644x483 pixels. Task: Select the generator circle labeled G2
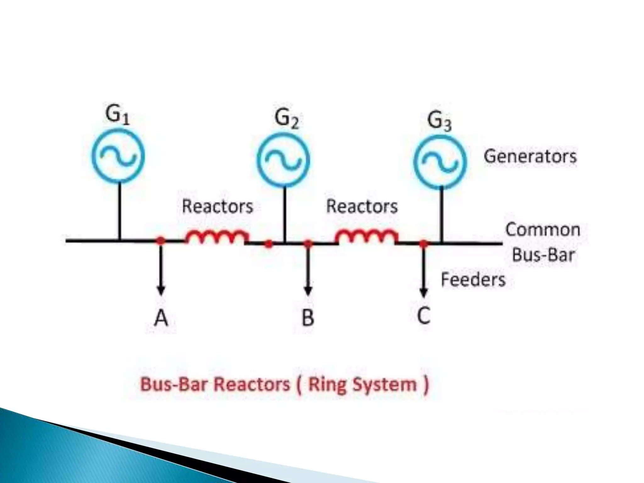pyautogui.click(x=283, y=160)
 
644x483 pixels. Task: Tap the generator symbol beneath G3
pyautogui.click(x=440, y=162)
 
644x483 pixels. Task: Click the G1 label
pyautogui.click(x=117, y=115)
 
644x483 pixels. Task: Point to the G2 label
pyautogui.click(x=286, y=119)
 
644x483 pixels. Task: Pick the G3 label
pyautogui.click(x=439, y=121)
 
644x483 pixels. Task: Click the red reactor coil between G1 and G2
pyautogui.click(x=217, y=236)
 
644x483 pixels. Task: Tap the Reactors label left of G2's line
pyautogui.click(x=217, y=207)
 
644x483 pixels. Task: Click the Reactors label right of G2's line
pyautogui.click(x=362, y=207)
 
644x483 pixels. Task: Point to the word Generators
pyautogui.click(x=530, y=156)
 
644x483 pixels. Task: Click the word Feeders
pyautogui.click(x=473, y=280)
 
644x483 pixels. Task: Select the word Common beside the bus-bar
pyautogui.click(x=543, y=230)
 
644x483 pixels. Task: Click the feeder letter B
pyautogui.click(x=308, y=318)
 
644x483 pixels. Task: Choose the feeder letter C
pyautogui.click(x=424, y=315)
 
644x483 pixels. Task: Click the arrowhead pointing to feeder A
pyautogui.click(x=161, y=291)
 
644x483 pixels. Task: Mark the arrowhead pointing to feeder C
pyautogui.click(x=424, y=292)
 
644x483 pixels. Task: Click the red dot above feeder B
pyautogui.click(x=308, y=243)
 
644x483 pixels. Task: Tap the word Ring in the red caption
pyautogui.click(x=326, y=384)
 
